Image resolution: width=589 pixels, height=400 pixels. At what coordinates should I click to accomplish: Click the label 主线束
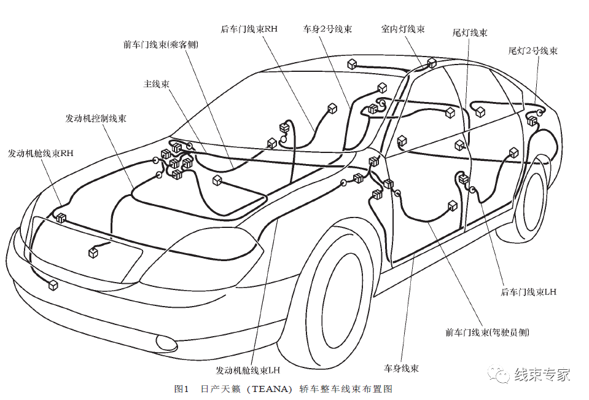coord(156,84)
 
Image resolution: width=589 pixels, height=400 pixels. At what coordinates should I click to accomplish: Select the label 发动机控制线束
coord(96,118)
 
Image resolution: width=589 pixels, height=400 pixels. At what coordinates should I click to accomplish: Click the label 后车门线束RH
coord(249,29)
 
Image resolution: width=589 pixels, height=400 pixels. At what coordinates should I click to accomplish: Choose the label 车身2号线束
coord(327,29)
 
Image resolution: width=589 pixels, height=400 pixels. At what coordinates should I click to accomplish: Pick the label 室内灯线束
coord(402,29)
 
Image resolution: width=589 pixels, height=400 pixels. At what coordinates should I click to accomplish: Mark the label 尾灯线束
coord(470,32)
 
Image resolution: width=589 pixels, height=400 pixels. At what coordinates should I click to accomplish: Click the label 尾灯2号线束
coord(532,50)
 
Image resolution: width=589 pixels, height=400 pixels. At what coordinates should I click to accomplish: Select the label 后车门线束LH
coord(528,292)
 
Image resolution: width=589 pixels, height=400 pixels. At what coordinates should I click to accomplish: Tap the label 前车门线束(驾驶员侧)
coord(487,332)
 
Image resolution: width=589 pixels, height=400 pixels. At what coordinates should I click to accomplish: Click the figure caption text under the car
coord(283,389)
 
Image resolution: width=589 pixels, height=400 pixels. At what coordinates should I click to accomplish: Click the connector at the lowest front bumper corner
coord(53,285)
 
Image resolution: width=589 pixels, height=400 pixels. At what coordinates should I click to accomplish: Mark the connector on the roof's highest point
coord(432,63)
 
